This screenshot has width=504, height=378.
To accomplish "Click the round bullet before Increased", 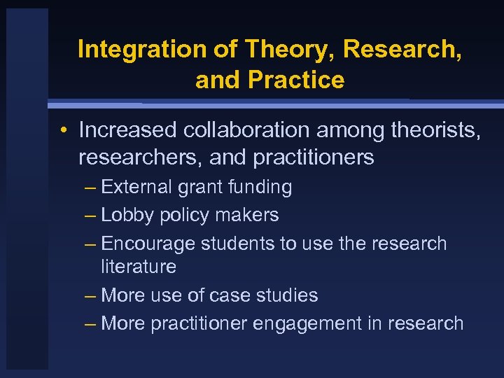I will coord(63,130).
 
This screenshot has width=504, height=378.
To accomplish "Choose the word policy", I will coord(183,215).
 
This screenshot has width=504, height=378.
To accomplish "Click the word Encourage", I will coord(148,244).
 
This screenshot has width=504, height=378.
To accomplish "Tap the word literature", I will coord(139,267).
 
